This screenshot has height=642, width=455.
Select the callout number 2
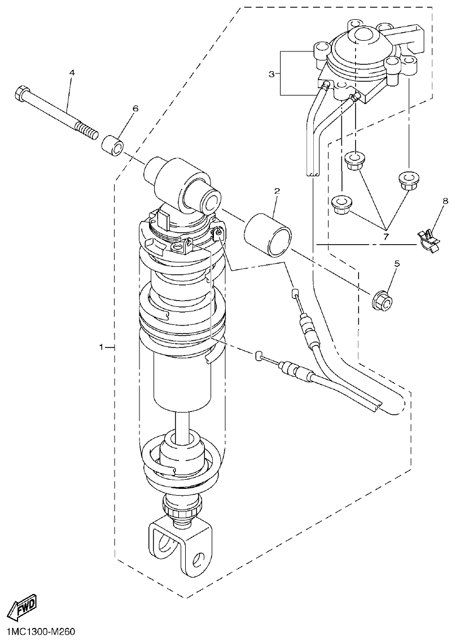click(x=277, y=192)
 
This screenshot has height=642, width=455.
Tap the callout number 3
click(x=272, y=74)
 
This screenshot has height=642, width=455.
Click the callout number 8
click(x=445, y=201)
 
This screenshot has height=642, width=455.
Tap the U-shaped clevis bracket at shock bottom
click(x=181, y=545)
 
